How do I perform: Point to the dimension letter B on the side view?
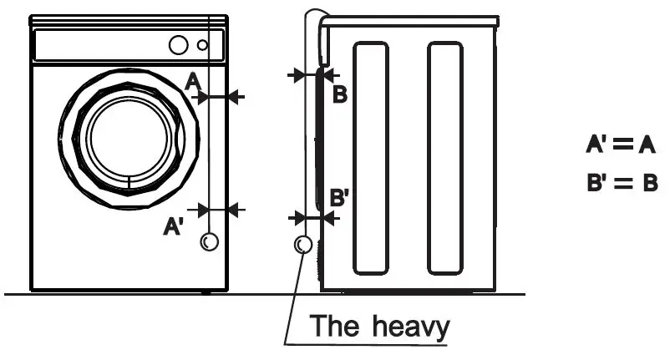tap(340, 94)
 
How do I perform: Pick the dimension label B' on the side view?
tap(340, 200)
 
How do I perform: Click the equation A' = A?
tap(620, 145)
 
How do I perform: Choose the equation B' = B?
tap(622, 182)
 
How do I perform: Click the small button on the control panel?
tap(203, 45)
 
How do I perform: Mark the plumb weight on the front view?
tap(209, 242)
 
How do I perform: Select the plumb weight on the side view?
tap(303, 245)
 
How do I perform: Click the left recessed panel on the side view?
tap(371, 159)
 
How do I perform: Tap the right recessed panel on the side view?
tap(445, 159)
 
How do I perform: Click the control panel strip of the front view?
tap(129, 45)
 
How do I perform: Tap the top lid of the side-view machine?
tap(409, 20)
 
